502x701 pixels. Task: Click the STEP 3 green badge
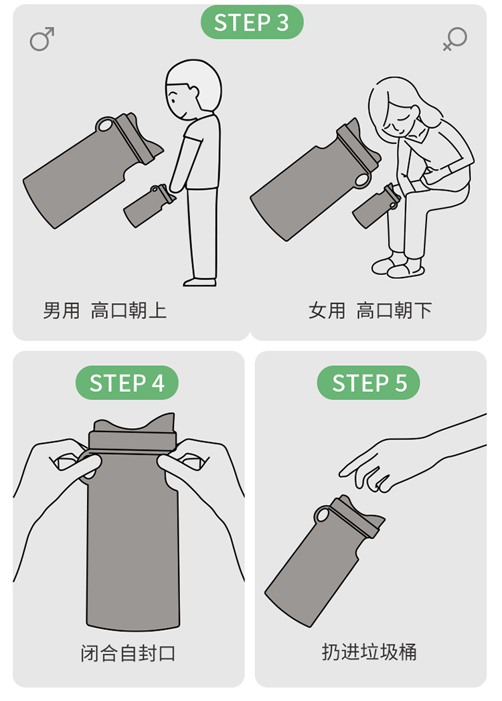(x=252, y=22)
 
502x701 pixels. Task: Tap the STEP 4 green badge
(x=127, y=383)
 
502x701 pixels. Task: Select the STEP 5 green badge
(x=369, y=383)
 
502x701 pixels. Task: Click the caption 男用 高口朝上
(x=104, y=310)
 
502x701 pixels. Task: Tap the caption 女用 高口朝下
(x=370, y=310)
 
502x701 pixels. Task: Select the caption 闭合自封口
(x=128, y=653)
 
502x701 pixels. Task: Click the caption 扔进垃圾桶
(x=369, y=652)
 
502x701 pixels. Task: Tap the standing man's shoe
(x=200, y=282)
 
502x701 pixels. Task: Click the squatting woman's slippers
(x=398, y=268)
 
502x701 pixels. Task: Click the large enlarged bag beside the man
(x=92, y=170)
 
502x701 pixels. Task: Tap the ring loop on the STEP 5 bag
(x=322, y=514)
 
